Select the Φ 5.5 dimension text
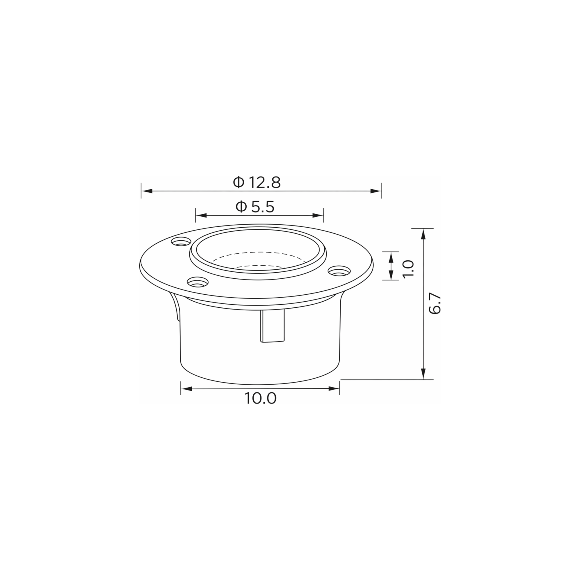click(255, 207)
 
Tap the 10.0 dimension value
click(261, 399)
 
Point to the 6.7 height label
click(435, 304)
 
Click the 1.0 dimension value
click(408, 269)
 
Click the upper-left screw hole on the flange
click(181, 241)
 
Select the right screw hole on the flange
click(339, 271)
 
